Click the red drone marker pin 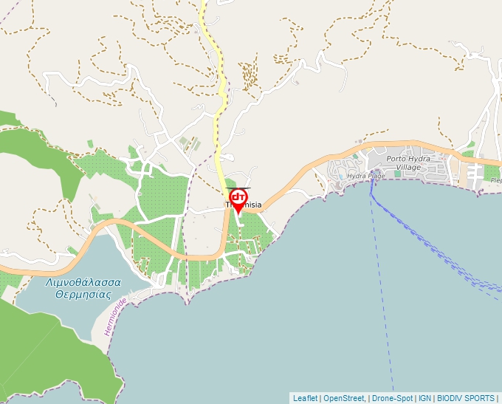tap(238, 199)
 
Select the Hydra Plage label tap(366, 176)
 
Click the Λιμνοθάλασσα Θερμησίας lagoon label tap(77, 287)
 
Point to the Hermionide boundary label tap(117, 317)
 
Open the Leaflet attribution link tap(305, 398)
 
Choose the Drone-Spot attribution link tap(392, 398)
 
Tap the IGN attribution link tap(424, 398)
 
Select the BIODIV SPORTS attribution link tap(465, 398)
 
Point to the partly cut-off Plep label tap(495, 179)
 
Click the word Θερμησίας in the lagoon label tap(77, 293)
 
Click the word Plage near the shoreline tap(376, 176)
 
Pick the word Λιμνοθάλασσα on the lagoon tap(78, 282)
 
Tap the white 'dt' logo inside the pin tap(238, 197)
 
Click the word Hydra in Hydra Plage tap(357, 176)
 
